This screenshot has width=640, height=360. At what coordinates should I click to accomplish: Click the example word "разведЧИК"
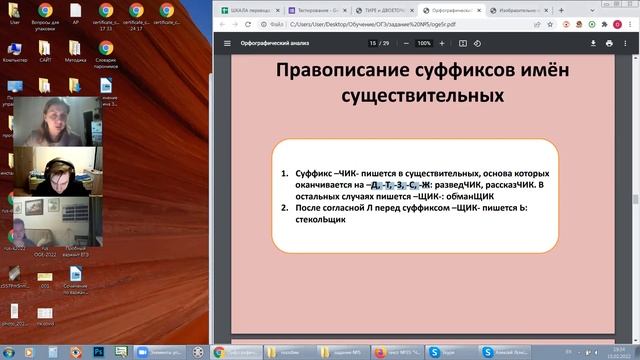click(450, 185)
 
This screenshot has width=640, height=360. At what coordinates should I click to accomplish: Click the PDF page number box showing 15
click(371, 44)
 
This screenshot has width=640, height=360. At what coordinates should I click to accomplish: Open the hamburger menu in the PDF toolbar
click(228, 44)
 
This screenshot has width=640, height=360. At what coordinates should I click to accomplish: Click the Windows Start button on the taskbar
click(11, 352)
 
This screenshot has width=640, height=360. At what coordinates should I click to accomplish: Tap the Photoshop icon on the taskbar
click(98, 352)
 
